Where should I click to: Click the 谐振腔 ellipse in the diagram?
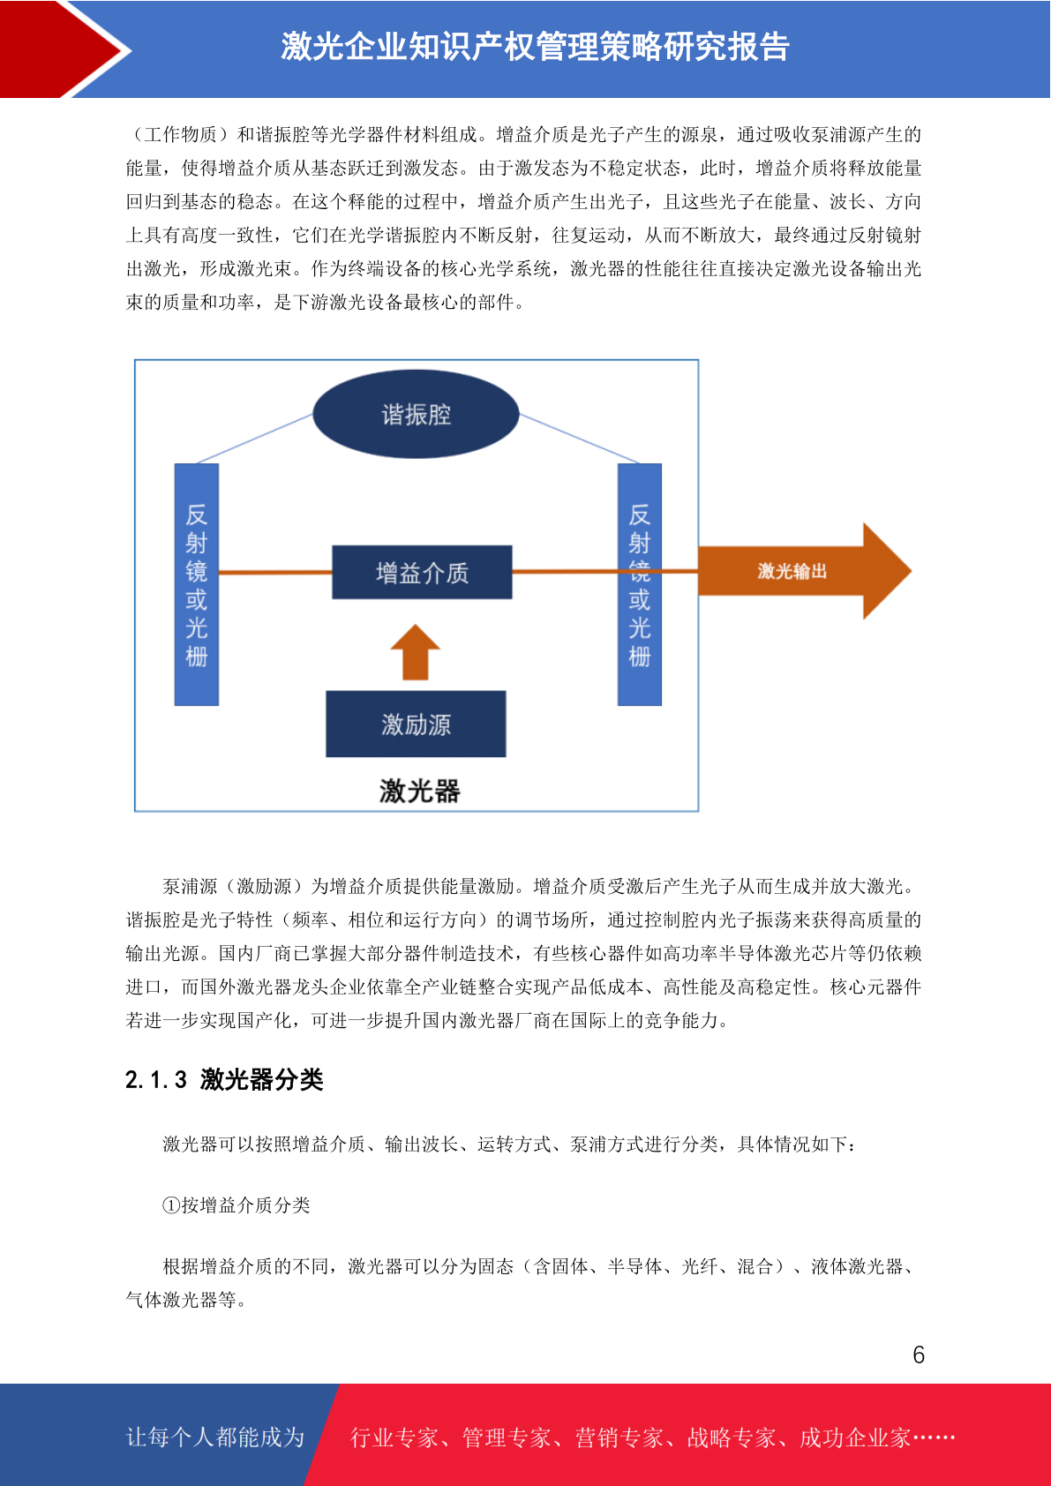[x=416, y=414]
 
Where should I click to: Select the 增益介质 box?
[x=422, y=572]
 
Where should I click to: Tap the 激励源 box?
[x=416, y=724]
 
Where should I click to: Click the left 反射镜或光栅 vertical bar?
[x=197, y=584]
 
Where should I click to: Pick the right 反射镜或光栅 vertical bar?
[x=640, y=584]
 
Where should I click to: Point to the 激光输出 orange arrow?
[x=804, y=571]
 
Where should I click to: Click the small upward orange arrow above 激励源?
[x=416, y=652]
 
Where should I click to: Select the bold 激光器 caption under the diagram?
[x=419, y=791]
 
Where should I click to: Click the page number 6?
[x=919, y=1355]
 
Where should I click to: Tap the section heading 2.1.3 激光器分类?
[x=224, y=1079]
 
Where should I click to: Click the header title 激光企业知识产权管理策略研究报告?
[x=535, y=47]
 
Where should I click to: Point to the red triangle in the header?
[x=61, y=49]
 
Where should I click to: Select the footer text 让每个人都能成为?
[x=215, y=1437]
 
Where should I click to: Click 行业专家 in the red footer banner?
[x=394, y=1437]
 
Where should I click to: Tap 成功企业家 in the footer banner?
[x=854, y=1437]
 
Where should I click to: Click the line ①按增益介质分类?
[x=236, y=1205]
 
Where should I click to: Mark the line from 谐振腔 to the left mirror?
[x=254, y=439]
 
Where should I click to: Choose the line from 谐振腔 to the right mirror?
[x=579, y=439]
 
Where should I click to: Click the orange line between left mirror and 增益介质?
[x=275, y=572]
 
